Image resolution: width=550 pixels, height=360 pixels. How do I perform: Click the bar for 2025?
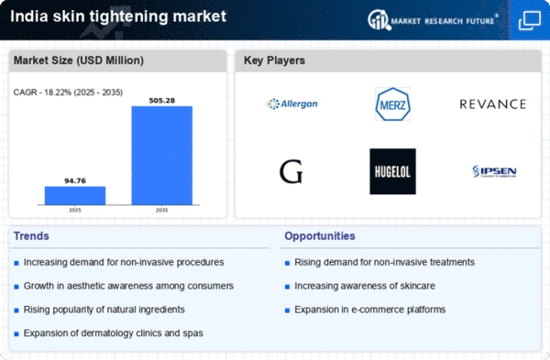(75, 195)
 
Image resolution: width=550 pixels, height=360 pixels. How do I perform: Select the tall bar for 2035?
(162, 155)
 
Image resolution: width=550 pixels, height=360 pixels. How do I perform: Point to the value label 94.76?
(75, 180)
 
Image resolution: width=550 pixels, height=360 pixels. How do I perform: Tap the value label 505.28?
(162, 100)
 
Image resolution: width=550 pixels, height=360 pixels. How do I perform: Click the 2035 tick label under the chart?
(162, 210)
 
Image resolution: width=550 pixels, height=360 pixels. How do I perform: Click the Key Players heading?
(274, 60)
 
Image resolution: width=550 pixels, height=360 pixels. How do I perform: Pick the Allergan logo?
(291, 104)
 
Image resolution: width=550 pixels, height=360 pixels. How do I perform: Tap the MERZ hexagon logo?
(392, 104)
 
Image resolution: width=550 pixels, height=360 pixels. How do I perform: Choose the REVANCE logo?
(492, 104)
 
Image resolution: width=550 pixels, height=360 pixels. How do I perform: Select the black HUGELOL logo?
(392, 171)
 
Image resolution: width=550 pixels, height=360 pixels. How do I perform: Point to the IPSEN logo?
(492, 171)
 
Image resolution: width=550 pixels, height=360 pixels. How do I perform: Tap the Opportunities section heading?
(322, 236)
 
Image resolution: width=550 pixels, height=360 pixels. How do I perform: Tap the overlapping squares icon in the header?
(529, 19)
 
